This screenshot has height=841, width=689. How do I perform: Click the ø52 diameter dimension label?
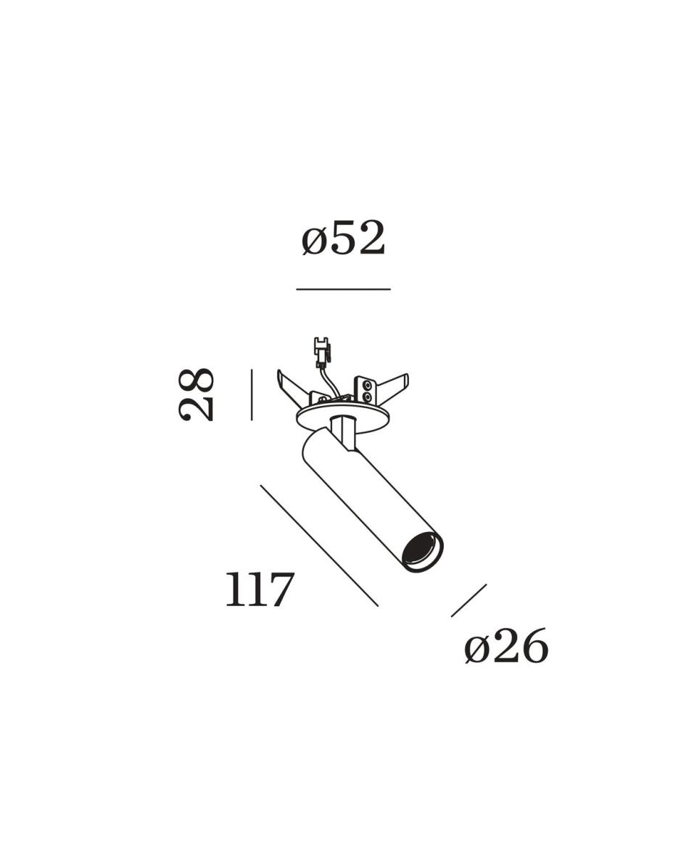344,239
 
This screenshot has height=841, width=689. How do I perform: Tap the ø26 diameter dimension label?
506,646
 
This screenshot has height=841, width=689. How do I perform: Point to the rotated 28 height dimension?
197,394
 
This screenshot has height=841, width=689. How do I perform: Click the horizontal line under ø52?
344,289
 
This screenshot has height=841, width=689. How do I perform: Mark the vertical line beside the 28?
251,394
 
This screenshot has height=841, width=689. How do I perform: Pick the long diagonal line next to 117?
319,545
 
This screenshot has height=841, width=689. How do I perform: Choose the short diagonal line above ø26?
469,600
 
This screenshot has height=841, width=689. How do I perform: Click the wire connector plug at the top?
321,349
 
